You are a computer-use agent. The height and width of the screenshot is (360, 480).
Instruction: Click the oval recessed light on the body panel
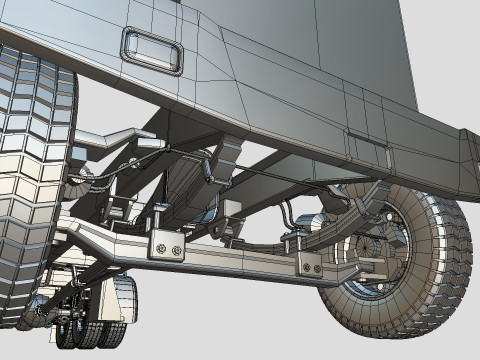tap(152, 50)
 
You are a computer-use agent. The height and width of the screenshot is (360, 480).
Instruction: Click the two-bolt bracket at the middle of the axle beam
tap(167, 245)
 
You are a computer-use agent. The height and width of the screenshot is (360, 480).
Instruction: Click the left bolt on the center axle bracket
tap(159, 246)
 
